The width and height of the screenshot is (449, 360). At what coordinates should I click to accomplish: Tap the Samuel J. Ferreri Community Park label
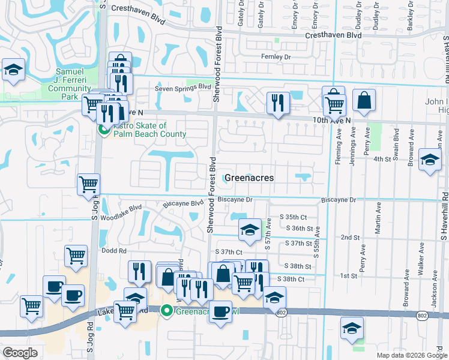pyautogui.click(x=70, y=83)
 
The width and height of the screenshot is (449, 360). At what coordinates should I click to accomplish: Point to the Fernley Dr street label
pyautogui.click(x=276, y=57)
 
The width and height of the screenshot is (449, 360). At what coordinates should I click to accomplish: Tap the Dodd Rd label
pyautogui.click(x=113, y=251)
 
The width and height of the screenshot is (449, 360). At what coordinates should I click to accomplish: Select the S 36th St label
pyautogui.click(x=300, y=228)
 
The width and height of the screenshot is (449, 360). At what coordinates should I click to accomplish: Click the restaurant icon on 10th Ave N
pyautogui.click(x=277, y=102)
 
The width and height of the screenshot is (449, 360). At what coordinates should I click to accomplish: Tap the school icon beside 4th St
pyautogui.click(x=429, y=160)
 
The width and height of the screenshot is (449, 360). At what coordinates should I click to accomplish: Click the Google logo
pyautogui.click(x=20, y=353)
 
